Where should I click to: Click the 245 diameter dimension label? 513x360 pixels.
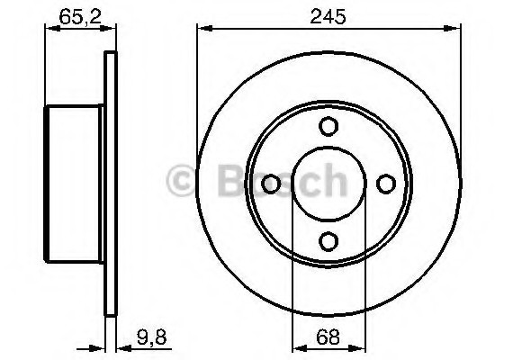pos(329,15)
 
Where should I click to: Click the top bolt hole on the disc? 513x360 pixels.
pos(328,127)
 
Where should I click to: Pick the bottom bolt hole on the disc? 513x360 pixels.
pos(328,240)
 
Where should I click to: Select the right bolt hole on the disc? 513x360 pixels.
pos(386,184)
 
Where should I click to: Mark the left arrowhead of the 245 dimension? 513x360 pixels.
pos(203,31)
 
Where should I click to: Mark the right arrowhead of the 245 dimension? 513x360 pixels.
pos(454,31)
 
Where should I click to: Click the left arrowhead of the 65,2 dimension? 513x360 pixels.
pos(50,31)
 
